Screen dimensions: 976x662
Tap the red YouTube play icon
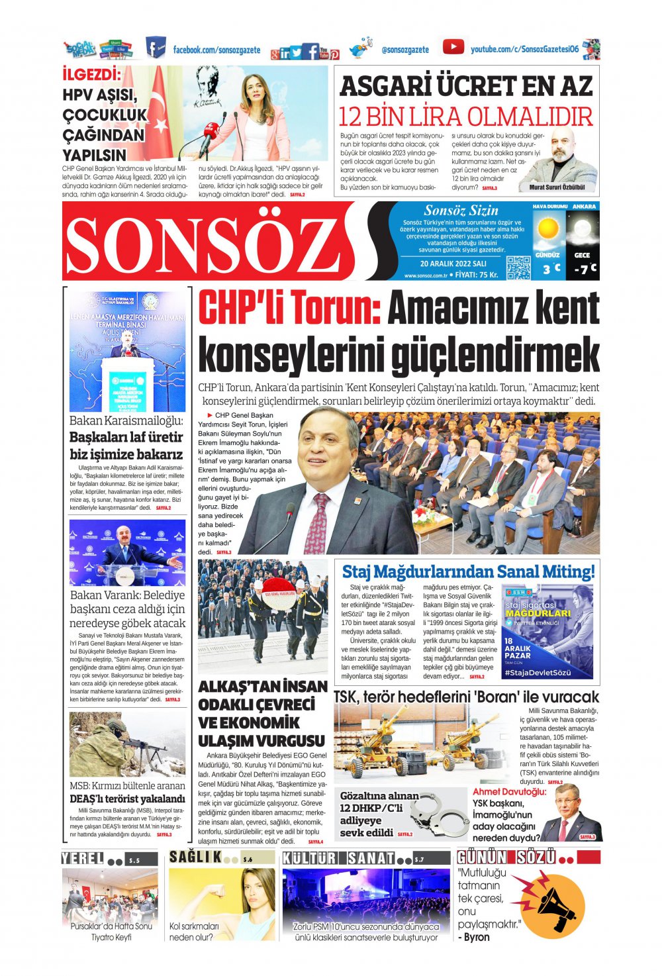pos(453,47)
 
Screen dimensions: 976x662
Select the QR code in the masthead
pos(518,267)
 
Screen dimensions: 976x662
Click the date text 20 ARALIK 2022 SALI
pos(453,264)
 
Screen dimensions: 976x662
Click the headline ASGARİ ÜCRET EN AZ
pos(466,86)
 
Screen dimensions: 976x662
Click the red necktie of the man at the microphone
pos(317,523)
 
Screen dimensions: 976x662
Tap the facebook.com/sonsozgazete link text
pos(216,50)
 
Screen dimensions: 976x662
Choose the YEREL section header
pos(83,859)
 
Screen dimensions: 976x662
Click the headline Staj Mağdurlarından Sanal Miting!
pos(468,571)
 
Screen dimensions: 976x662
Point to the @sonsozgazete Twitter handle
pos(405,50)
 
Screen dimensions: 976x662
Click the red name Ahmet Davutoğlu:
pos(509,791)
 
